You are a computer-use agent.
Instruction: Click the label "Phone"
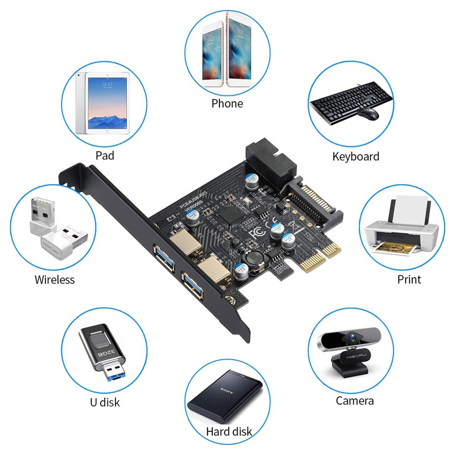point(227,104)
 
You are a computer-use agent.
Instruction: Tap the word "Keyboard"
point(355,156)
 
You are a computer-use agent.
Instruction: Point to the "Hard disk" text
point(229,432)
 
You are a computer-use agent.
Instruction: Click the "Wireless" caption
point(55,279)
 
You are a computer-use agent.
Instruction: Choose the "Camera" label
point(355,401)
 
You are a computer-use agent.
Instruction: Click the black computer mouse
point(369,113)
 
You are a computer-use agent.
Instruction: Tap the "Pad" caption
point(105,155)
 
